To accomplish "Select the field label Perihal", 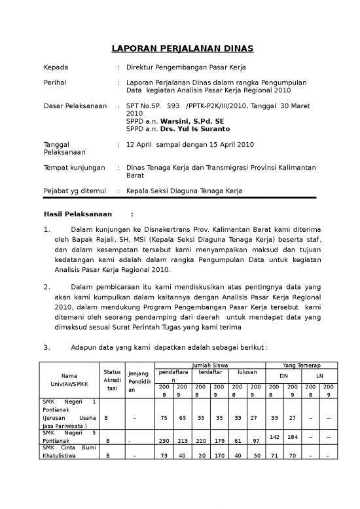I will tap(56, 83).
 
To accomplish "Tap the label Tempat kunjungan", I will tap(73, 168).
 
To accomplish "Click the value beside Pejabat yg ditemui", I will tap(184, 191).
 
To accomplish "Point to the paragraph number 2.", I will tap(46, 286).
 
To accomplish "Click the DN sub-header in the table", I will tap(283, 376).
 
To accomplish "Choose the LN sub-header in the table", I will tap(319, 376).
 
